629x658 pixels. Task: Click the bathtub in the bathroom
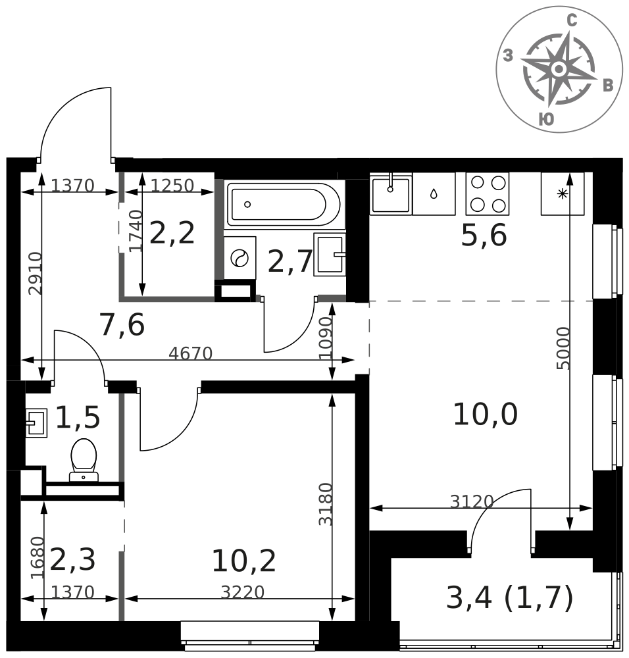point(284,205)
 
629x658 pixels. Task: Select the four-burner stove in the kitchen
point(487,193)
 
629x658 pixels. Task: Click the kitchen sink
point(391,193)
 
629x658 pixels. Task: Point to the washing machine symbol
point(239,258)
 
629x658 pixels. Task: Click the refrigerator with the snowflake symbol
point(563,193)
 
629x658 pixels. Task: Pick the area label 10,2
point(244,561)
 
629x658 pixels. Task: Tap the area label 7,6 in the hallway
point(122,325)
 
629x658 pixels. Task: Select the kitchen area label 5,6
point(484,235)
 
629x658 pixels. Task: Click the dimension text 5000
point(564,348)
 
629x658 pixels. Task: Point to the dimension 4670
point(191,354)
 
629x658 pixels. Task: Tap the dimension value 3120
point(472,501)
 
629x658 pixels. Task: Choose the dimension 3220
point(243,592)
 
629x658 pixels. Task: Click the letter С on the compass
point(572,20)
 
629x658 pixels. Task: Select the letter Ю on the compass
point(546,119)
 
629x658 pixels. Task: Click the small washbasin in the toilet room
point(36,422)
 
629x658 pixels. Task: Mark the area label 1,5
point(78,418)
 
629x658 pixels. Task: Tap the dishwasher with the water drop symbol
point(434,193)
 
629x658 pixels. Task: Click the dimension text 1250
point(172,186)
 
